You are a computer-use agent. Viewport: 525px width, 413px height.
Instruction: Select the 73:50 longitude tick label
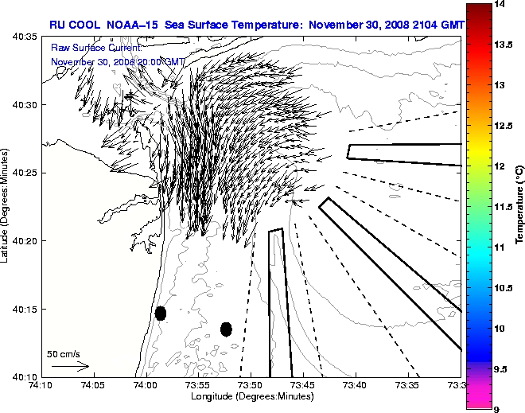[x=251, y=384]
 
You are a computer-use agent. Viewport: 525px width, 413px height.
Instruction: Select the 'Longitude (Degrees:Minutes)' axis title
[x=250, y=396]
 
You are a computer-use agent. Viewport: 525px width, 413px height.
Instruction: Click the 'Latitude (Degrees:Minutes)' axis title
[x=6, y=205]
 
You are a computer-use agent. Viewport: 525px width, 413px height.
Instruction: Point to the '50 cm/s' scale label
[x=64, y=353]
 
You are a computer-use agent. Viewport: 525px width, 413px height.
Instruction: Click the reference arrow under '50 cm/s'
[x=70, y=366]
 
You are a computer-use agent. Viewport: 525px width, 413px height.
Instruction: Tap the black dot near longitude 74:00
[x=160, y=313]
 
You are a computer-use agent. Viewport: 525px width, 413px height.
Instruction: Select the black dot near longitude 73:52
[x=226, y=329]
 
